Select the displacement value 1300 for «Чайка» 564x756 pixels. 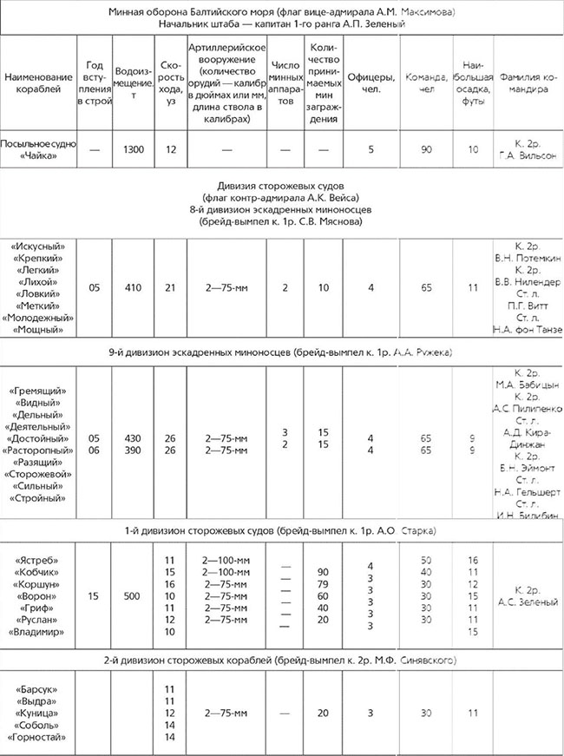pos(134,149)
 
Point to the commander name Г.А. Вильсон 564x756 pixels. pos(528,155)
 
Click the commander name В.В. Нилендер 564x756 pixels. pos(528,283)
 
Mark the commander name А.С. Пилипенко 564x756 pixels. pos(528,408)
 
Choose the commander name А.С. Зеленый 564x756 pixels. pos(528,602)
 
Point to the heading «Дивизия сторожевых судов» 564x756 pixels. pos(282,187)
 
